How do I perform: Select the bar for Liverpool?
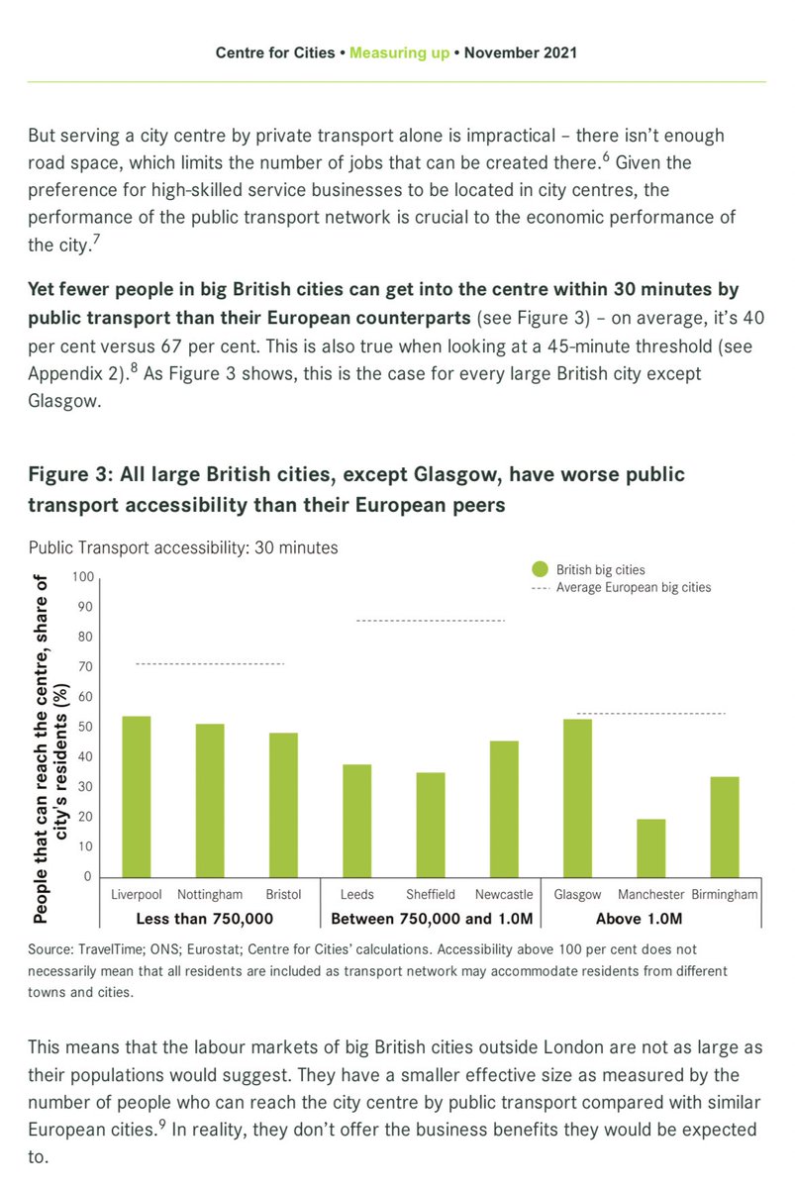point(137,796)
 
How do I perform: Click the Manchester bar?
point(650,847)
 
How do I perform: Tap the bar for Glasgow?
point(577,798)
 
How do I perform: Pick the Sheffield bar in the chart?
point(430,825)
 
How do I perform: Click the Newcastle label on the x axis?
point(504,894)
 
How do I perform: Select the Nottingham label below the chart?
point(210,894)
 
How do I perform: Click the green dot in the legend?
point(540,569)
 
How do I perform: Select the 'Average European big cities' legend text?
point(634,587)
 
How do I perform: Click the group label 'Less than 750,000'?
point(204,918)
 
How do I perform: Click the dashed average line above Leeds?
point(430,621)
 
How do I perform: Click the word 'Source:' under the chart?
point(51,949)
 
